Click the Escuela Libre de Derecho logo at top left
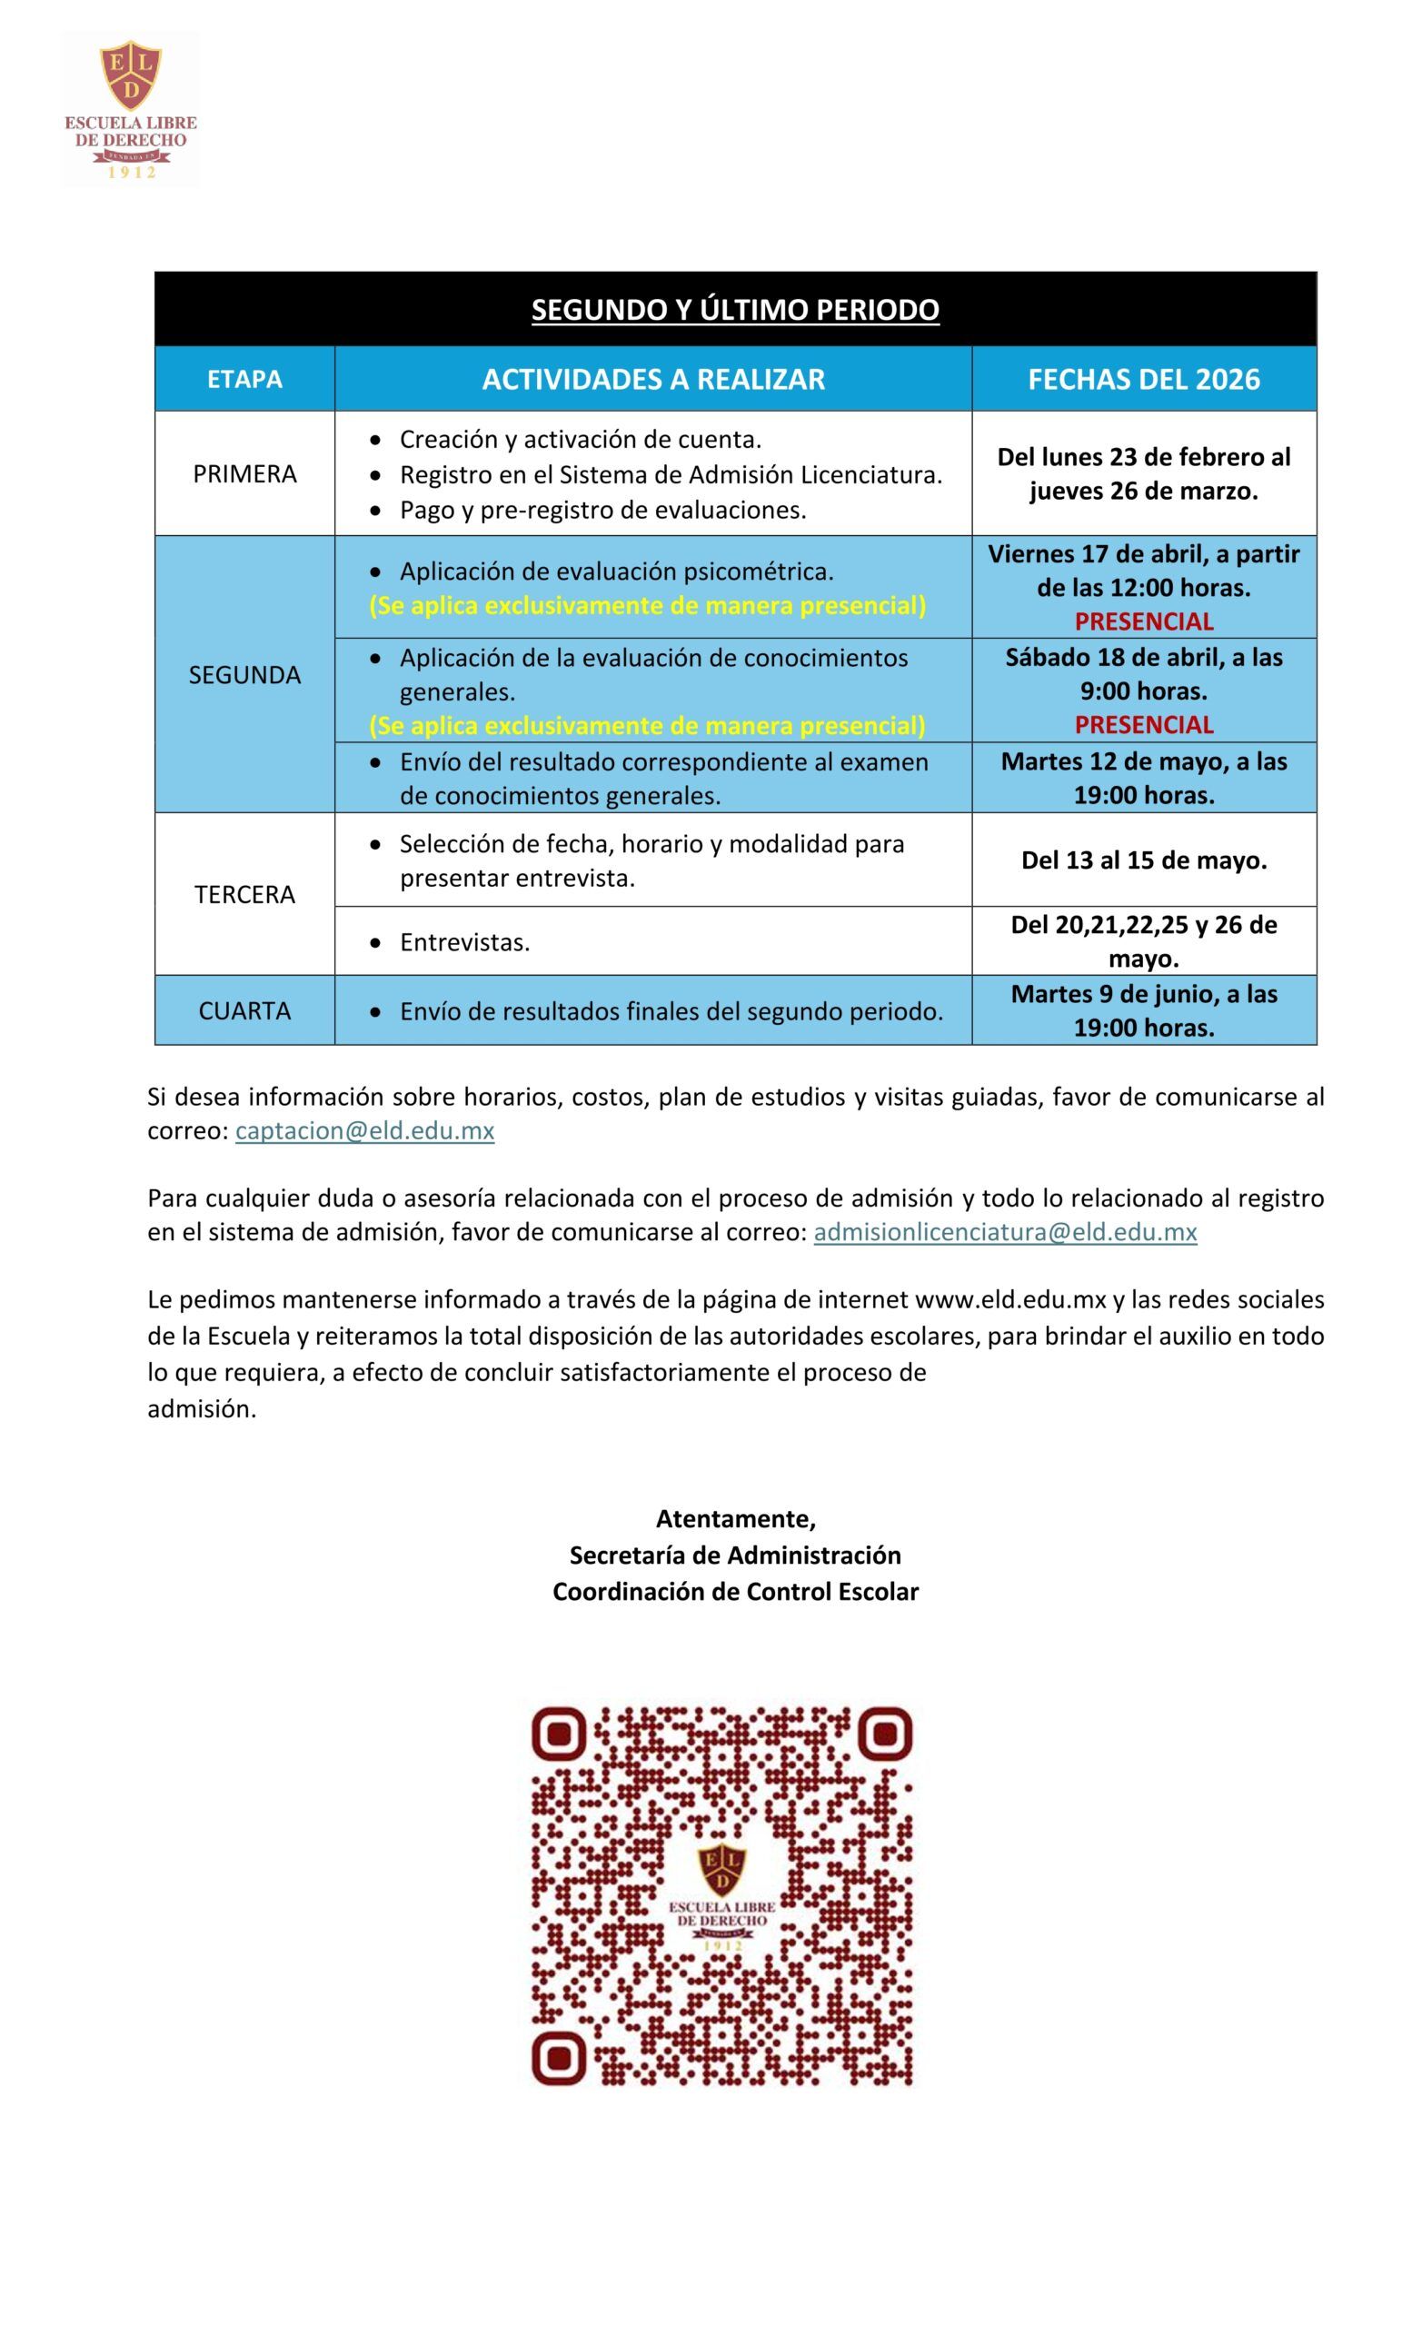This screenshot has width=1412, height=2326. coord(130,107)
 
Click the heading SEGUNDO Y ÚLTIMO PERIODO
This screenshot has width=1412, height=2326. coord(734,310)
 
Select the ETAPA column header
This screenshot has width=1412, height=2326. coord(244,380)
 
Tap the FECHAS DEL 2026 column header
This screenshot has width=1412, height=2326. coord(1143,380)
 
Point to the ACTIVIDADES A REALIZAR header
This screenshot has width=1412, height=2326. coord(653,380)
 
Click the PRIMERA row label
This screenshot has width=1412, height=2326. coord(244,474)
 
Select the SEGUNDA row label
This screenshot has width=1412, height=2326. coord(244,675)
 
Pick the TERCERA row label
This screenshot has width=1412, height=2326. coord(244,894)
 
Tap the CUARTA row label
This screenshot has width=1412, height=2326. coord(244,1011)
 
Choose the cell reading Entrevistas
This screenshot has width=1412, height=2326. coord(464,942)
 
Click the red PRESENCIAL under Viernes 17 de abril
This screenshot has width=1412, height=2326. coord(1143,621)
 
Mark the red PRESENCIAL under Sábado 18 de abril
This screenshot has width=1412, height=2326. coord(1143,724)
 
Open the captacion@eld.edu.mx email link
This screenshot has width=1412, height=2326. coord(364,1131)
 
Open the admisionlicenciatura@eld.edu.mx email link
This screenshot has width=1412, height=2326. coord(1004,1232)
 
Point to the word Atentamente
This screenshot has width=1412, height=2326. coord(735,1519)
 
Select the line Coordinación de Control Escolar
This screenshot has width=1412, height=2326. coord(735,1592)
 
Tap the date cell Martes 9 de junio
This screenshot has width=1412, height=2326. coord(1143,1010)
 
